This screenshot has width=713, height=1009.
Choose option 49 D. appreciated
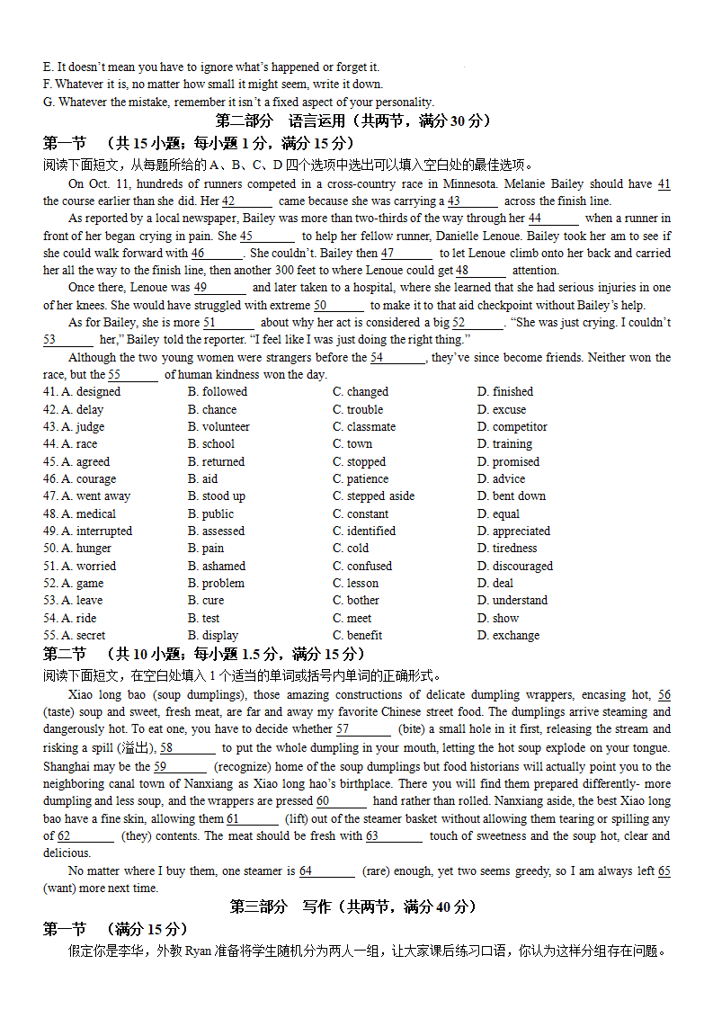pyautogui.click(x=513, y=531)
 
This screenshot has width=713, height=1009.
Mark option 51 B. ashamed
pyautogui.click(x=216, y=567)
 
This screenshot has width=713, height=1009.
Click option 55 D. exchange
pyautogui.click(x=508, y=636)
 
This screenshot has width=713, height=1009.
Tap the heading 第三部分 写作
pyautogui.click(x=353, y=907)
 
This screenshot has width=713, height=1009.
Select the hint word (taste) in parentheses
pyautogui.click(x=61, y=712)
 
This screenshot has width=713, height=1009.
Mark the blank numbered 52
pyautogui.click(x=477, y=323)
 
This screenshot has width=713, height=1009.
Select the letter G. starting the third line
pyautogui.click(x=49, y=103)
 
